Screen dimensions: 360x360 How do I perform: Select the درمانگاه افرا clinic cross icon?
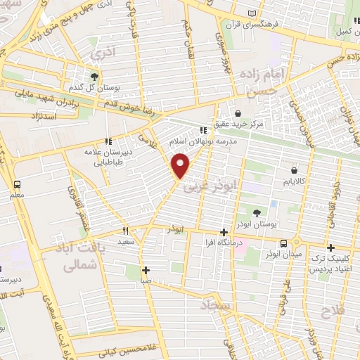224,233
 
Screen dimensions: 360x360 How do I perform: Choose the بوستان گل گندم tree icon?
94,76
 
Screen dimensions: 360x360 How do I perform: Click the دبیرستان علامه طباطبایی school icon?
108,141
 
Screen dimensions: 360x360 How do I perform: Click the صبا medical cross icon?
146,270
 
